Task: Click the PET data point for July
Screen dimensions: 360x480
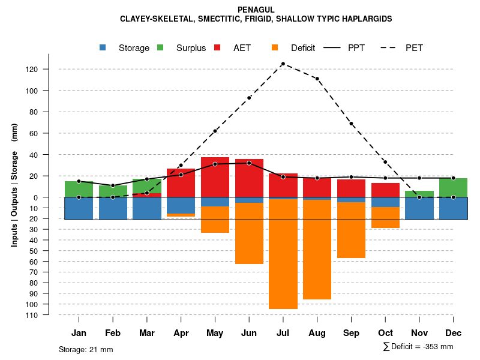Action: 283,64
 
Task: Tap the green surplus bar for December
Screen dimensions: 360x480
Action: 454,187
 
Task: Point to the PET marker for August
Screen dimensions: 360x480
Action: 317,79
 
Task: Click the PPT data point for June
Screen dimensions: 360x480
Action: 249,163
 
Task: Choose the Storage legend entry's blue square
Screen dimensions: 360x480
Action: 103,48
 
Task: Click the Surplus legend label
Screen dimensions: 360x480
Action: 191,48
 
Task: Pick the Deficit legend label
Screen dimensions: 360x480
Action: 303,48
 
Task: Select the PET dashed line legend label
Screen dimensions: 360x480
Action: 414,48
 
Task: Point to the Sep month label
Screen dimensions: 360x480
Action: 351,333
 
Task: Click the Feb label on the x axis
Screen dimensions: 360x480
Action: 113,333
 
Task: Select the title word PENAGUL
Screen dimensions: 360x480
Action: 256,10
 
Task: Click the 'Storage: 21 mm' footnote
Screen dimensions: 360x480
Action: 86,349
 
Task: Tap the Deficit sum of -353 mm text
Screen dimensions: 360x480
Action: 418,347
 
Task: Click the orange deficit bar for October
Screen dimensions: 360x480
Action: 385,217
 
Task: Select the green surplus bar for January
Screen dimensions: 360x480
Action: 79,189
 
